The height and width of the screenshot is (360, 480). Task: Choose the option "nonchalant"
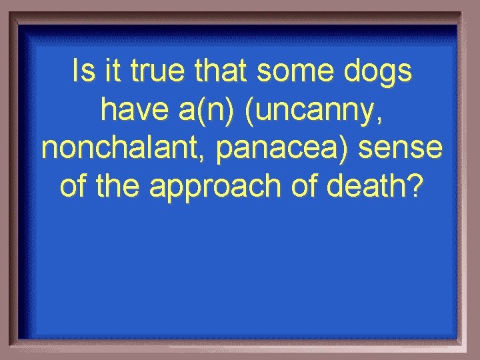point(124,149)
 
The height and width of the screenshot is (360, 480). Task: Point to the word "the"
point(119,187)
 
